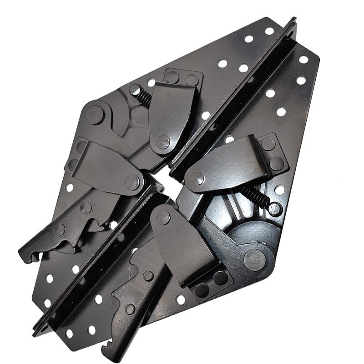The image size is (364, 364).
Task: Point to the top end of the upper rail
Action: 291,20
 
